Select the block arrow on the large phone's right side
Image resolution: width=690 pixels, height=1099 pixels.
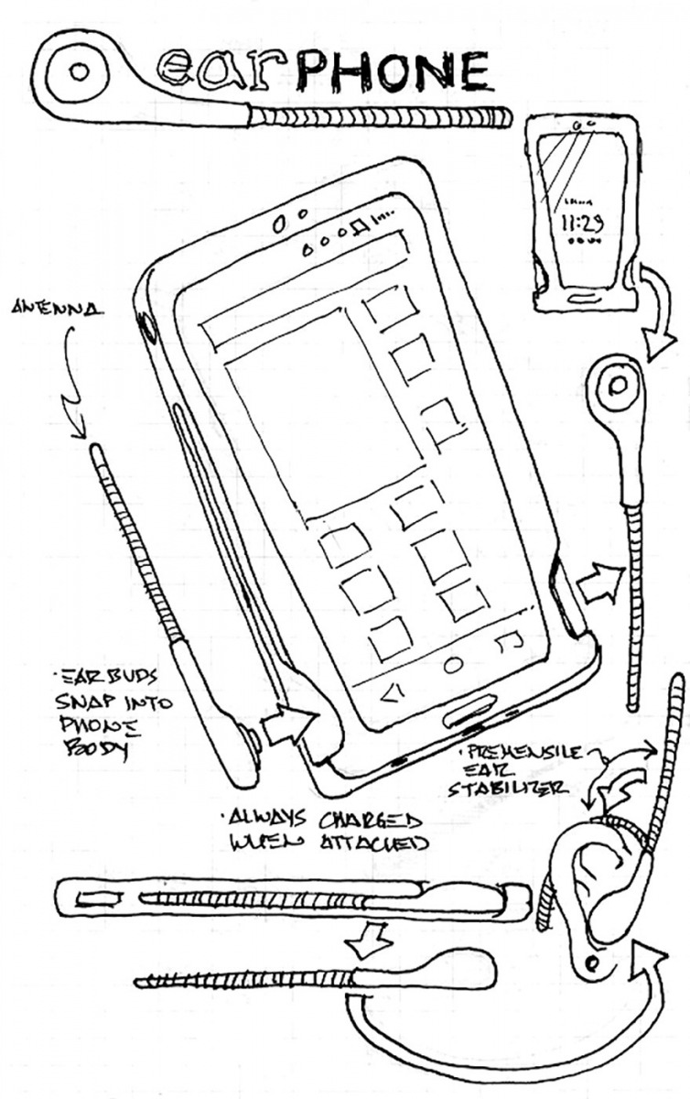point(601,582)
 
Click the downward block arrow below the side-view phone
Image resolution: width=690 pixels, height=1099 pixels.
point(370,937)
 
